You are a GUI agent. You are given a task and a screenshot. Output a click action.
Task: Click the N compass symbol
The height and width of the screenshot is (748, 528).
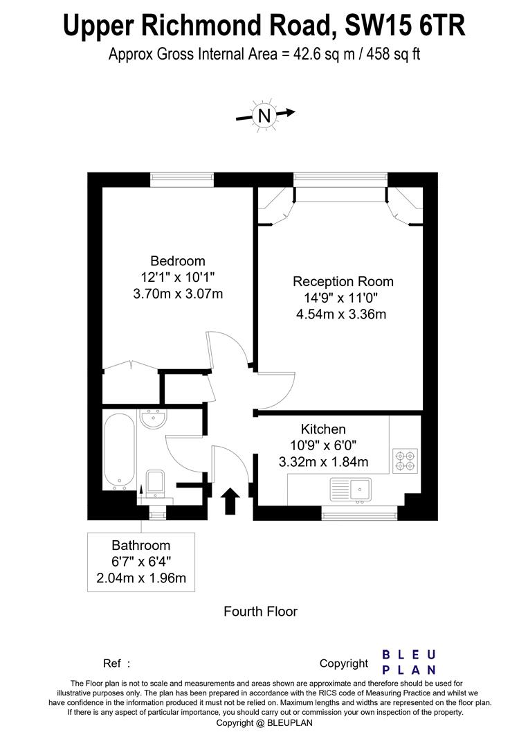(x=264, y=115)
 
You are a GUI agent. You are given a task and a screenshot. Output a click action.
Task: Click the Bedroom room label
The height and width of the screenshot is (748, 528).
(x=178, y=261)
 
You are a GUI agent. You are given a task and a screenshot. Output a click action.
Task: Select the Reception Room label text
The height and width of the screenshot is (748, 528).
(x=343, y=282)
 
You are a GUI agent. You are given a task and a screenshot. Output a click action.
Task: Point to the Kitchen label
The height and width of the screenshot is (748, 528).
(x=323, y=429)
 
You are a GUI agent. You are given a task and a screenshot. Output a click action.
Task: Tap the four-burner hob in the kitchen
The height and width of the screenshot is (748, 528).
(x=405, y=461)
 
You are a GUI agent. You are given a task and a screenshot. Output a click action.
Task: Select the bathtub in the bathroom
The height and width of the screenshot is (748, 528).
(x=120, y=451)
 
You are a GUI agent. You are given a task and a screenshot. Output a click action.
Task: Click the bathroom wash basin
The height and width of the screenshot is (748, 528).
(x=152, y=418)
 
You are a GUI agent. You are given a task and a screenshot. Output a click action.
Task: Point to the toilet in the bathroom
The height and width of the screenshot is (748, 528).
(x=155, y=482)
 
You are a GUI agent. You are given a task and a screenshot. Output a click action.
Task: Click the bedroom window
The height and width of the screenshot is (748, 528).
(x=181, y=179)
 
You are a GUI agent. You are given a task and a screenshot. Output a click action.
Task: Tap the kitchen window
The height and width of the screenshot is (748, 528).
(x=359, y=513)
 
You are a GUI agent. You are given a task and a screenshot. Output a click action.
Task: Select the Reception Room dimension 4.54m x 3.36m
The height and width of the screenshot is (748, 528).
(x=341, y=314)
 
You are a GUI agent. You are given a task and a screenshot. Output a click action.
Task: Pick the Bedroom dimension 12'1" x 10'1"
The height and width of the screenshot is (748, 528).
(x=178, y=277)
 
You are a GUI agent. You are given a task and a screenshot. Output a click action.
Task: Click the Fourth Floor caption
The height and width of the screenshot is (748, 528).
(x=260, y=612)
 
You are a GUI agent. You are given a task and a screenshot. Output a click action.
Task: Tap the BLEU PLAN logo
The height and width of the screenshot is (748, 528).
(x=409, y=662)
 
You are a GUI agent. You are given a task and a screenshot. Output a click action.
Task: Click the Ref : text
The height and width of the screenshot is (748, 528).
(x=116, y=664)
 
